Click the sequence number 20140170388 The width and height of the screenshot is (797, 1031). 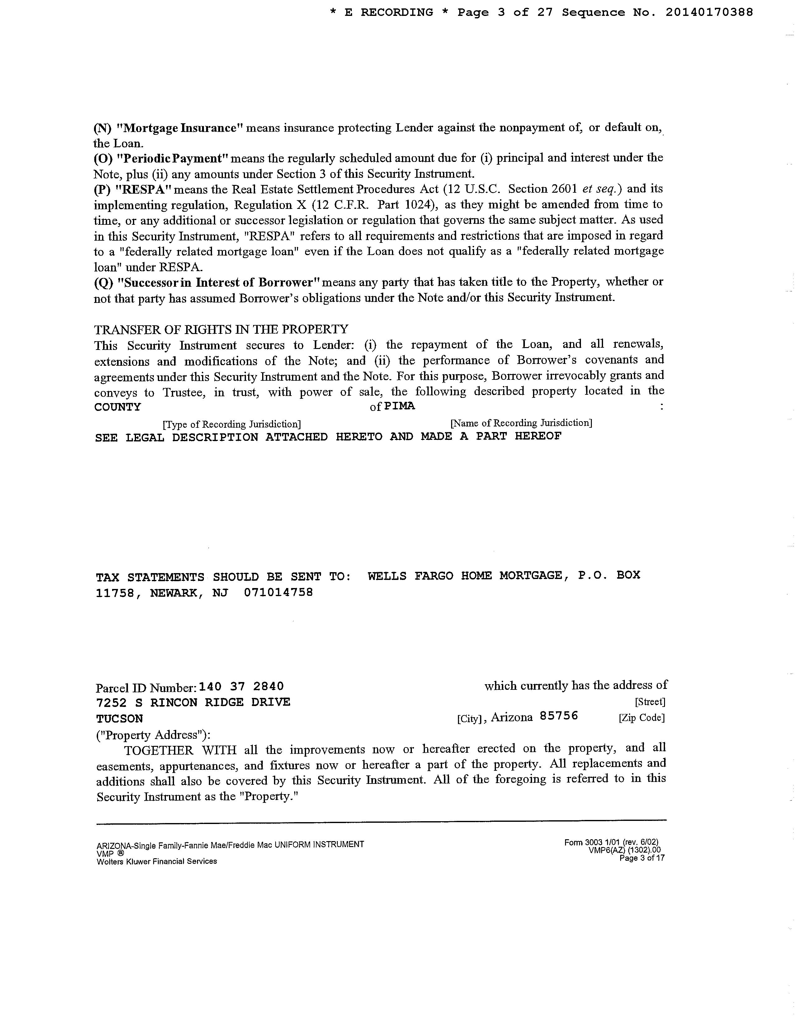click(709, 13)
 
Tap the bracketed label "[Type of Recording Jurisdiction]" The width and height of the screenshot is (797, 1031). click(231, 424)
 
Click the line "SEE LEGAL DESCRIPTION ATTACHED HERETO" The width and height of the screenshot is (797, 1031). click(328, 437)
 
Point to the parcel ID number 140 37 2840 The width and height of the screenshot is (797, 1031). click(242, 686)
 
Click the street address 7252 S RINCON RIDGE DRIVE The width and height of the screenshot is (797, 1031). click(193, 703)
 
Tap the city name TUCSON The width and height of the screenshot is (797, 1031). click(120, 718)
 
